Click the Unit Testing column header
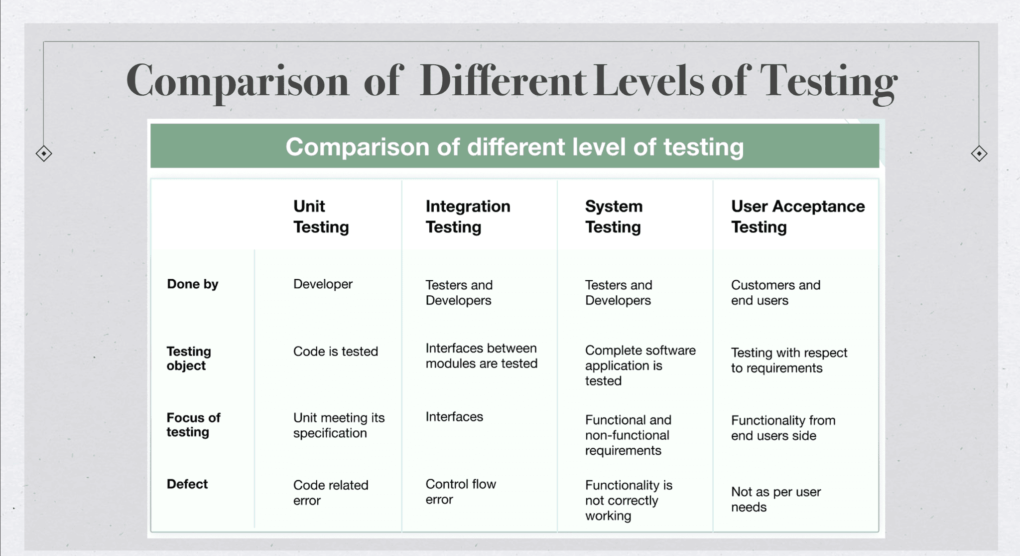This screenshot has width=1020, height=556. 321,216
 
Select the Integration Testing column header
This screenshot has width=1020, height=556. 468,216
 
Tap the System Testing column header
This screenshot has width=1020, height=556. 614,216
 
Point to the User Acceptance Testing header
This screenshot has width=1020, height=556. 798,216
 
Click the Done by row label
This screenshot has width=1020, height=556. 193,284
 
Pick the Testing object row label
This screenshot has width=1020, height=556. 189,358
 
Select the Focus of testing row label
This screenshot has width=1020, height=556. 193,424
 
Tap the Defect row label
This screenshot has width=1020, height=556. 187,484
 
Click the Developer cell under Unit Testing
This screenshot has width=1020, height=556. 323,284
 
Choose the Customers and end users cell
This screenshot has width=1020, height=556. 775,293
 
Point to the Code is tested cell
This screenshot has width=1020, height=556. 336,351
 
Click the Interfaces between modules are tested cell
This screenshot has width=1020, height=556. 482,356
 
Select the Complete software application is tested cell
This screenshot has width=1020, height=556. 640,366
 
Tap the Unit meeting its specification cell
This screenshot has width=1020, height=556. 339,425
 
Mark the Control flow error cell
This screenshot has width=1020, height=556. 461,492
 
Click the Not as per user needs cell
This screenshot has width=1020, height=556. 776,499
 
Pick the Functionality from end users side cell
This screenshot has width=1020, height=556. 783,428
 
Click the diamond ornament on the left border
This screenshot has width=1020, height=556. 44,154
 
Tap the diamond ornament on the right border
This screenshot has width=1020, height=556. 979,154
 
